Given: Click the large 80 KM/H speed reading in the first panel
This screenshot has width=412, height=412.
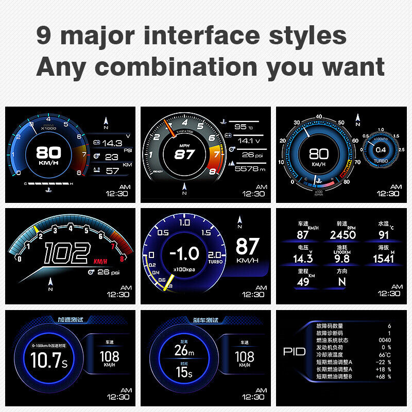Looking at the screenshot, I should [x=48, y=152].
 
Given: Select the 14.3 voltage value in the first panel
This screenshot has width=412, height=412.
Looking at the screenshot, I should [x=112, y=143].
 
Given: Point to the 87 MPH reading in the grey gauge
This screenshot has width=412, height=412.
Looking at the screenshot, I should [x=184, y=154].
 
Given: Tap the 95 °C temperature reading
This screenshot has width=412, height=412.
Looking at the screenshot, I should [x=241, y=127].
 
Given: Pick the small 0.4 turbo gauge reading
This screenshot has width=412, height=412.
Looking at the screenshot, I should [x=381, y=150].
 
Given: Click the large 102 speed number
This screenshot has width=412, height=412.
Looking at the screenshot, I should [x=66, y=254].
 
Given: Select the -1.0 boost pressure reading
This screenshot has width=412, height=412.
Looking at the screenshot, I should [x=185, y=253].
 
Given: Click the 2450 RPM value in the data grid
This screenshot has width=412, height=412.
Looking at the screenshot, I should [x=342, y=235].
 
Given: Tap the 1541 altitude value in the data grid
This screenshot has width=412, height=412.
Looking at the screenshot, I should [x=383, y=259].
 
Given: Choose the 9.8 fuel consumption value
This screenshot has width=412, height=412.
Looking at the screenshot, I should [x=342, y=259].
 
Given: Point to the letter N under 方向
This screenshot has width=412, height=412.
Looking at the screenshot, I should [x=341, y=282].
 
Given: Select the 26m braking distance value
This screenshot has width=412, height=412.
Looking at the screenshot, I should [x=184, y=350].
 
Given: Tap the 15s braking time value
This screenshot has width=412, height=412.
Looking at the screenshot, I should [x=184, y=372].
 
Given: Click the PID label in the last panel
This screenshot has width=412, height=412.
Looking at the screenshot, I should [x=295, y=352].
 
